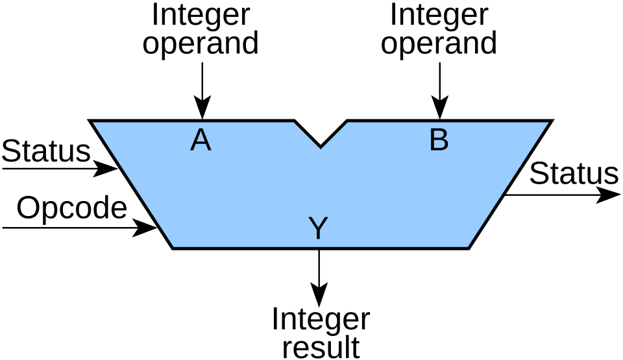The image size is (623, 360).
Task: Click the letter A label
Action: pyautogui.click(x=201, y=141)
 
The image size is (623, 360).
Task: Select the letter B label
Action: pyautogui.click(x=439, y=141)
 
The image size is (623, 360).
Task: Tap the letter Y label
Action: pyautogui.click(x=318, y=228)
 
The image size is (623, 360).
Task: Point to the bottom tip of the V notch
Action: pyautogui.click(x=321, y=149)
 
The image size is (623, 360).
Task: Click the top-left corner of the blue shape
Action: pyautogui.click(x=93, y=123)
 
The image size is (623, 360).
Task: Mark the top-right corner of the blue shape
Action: pyautogui.click(x=548, y=123)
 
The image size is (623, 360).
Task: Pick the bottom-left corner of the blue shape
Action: pyautogui.click(x=174, y=246)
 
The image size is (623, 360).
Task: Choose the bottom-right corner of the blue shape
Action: pyautogui.click(x=467, y=246)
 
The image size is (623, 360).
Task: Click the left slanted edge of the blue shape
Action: pyautogui.click(x=134, y=185)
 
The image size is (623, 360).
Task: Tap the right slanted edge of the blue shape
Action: pyautogui.click(x=507, y=185)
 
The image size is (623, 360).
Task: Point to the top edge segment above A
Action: pyautogui.click(x=195, y=123)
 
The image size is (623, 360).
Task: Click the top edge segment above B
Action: pyautogui.click(x=448, y=123)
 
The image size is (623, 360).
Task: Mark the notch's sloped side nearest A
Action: pyautogui.click(x=307, y=136)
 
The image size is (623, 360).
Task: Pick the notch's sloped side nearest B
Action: pyautogui.click(x=334, y=136)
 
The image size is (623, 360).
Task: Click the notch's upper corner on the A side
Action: pyautogui.click(x=294, y=123)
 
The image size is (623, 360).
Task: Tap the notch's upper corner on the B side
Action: pyautogui.click(x=347, y=123)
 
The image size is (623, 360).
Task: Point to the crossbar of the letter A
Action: pyautogui.click(x=201, y=145)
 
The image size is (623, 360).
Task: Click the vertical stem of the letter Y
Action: pyautogui.click(x=318, y=234)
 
